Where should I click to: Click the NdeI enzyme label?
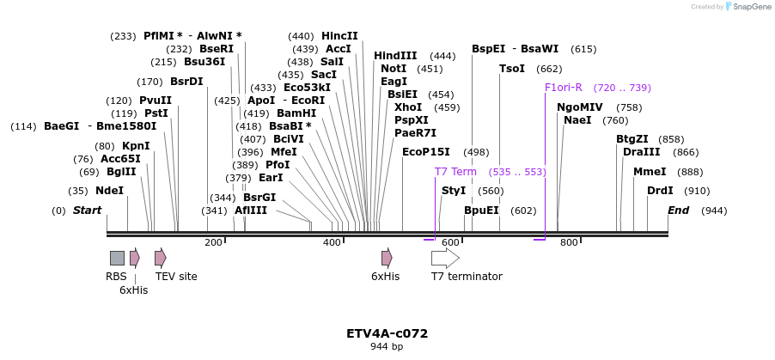coord(109,191)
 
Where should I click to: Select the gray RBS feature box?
coord(117,258)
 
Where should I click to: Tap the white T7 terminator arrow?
coord(445,258)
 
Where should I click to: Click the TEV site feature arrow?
coord(160,258)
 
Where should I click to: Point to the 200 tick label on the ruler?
coord(213,244)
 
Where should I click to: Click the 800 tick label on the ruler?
coord(569,244)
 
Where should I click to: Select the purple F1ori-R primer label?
coord(564,88)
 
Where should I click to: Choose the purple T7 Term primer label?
coord(455,172)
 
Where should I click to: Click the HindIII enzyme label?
coord(395,56)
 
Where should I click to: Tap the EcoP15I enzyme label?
coord(426,152)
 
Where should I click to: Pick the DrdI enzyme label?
coord(660,191)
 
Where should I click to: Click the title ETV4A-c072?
coord(387,333)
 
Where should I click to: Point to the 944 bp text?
coord(387,347)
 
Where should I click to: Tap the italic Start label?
coord(87,211)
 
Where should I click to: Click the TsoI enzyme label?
coord(512,69)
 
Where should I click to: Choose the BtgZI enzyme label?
coord(632,139)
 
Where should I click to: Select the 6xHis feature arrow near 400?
coord(387,258)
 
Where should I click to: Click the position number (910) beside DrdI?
coord(697,191)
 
